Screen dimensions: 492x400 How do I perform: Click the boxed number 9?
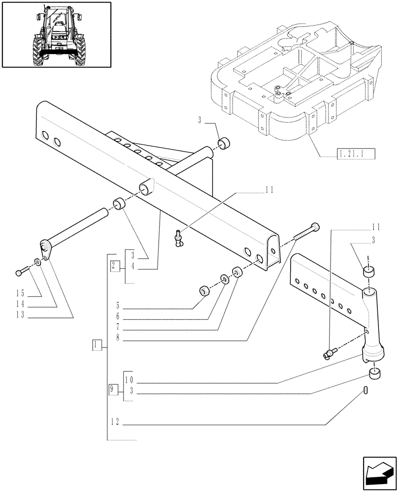(113, 389)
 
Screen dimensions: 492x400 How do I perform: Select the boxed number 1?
(97, 345)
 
